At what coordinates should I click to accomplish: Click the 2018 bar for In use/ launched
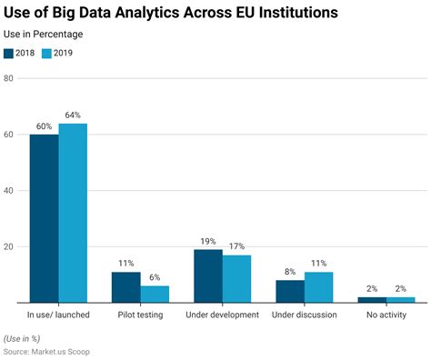(x=44, y=218)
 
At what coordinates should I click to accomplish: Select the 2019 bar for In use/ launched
(x=73, y=213)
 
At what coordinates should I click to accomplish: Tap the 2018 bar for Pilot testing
(x=126, y=287)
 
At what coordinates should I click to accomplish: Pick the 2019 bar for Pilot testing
(x=155, y=295)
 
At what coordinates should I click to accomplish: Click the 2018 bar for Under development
(x=208, y=276)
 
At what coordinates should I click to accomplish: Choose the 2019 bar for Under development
(x=236, y=279)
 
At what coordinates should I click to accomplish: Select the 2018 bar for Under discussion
(x=290, y=291)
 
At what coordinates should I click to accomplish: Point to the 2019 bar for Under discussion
(x=318, y=287)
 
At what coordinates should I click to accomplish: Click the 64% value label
(x=73, y=115)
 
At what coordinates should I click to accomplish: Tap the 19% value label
(x=208, y=242)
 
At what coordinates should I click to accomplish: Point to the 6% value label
(x=155, y=278)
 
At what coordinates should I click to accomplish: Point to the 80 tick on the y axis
(x=7, y=78)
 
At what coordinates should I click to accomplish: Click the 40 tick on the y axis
(x=7, y=191)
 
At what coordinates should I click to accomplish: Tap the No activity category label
(x=386, y=315)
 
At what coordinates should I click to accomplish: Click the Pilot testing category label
(x=140, y=315)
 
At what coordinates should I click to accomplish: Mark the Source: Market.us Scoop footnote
(x=47, y=351)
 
